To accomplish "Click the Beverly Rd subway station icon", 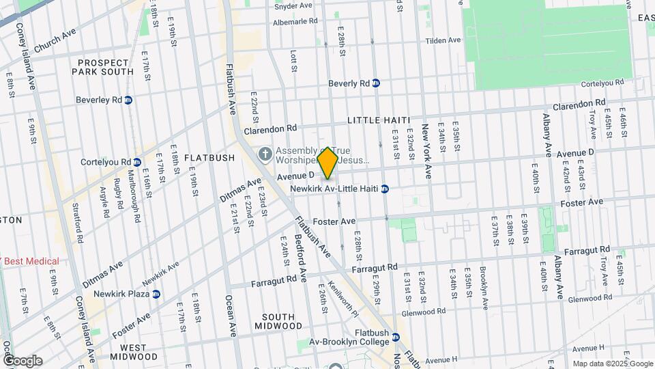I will (376, 83).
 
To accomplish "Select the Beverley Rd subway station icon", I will (128, 100).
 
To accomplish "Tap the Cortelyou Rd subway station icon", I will (137, 162).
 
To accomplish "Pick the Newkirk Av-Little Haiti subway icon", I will (385, 189).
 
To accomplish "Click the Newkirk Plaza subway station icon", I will (156, 294).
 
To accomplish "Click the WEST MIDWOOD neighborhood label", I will (128, 351).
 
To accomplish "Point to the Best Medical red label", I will (31, 261).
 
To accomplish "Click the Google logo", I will (22, 360).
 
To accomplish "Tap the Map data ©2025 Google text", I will (611, 364).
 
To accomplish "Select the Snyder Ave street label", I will (293, 6).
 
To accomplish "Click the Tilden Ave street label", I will (443, 40).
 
